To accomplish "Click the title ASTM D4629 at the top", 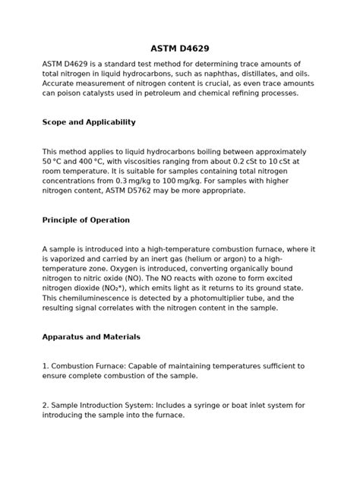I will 180,49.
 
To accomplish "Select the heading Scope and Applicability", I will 89,122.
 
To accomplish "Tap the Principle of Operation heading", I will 86,220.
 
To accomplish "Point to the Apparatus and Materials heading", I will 91,336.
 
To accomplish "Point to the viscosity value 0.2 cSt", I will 245,162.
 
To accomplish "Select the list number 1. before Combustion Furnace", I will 46,366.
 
